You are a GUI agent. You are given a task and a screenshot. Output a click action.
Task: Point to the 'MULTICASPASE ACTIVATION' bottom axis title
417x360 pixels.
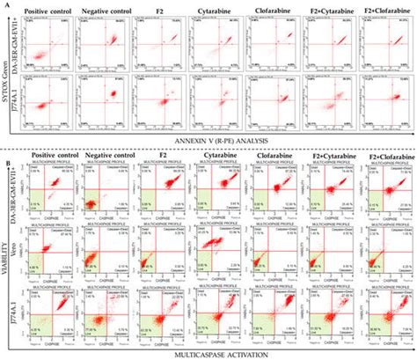pos(217,350)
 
